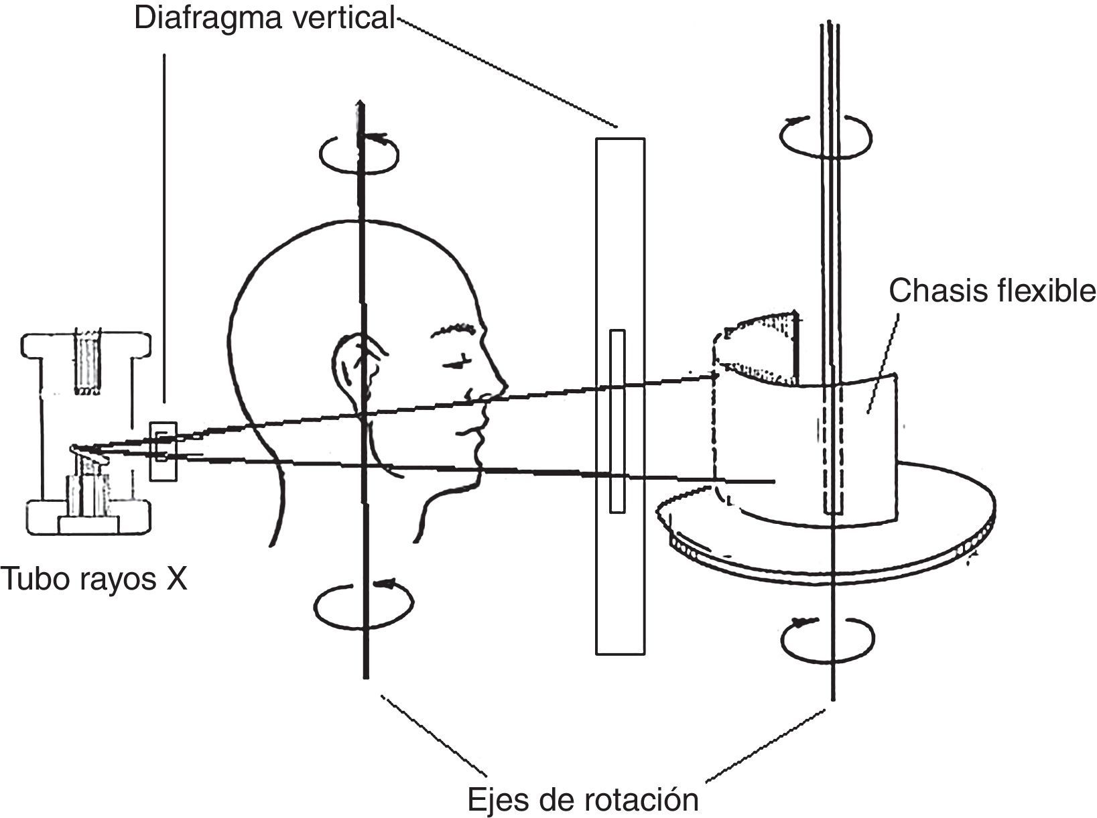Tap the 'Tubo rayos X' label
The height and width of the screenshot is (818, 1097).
pos(94,578)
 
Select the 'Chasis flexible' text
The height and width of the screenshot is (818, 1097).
pos(992,291)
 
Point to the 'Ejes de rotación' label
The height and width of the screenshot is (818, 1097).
pos(582,799)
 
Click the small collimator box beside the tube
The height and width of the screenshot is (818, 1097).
pos(163,450)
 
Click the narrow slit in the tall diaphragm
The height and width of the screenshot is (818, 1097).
pos(617,421)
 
